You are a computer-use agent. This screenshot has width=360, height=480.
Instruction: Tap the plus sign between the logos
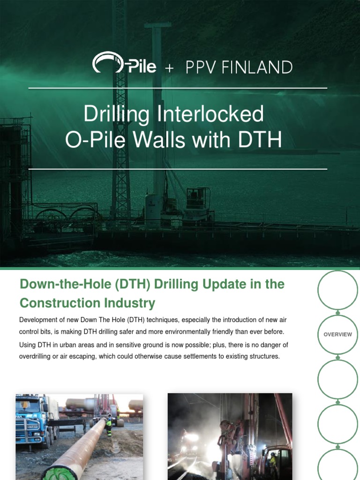point(169,68)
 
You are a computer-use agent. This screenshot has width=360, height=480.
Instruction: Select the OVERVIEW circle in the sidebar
point(337,335)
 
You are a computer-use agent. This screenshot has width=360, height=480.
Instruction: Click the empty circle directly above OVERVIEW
point(337,290)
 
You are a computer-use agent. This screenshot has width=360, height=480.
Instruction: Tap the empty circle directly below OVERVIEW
point(337,379)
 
